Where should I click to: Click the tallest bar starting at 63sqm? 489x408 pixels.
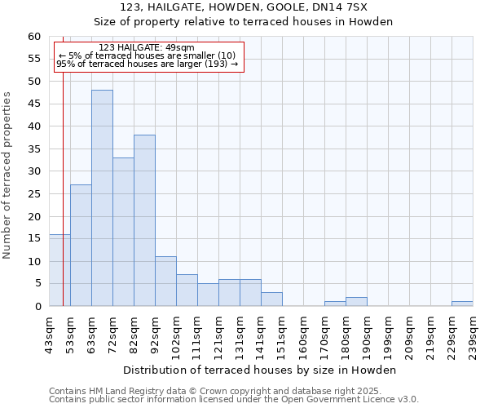coord(102,198)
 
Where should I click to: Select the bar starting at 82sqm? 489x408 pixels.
coord(144,220)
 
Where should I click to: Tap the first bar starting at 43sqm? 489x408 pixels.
coord(59,270)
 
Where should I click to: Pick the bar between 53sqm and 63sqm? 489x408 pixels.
coord(81,246)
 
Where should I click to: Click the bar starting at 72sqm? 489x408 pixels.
coord(123,232)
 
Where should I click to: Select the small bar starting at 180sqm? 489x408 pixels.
coord(356,302)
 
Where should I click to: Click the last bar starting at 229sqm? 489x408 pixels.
coord(462,304)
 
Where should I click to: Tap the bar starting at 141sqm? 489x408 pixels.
coord(271,299)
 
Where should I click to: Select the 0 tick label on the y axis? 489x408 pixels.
coord(37,307)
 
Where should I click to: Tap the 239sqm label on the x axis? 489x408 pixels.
coord(473,335)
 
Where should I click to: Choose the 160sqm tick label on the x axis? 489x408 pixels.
coord(303,335)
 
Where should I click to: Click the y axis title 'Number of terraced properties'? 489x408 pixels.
coord(8,175)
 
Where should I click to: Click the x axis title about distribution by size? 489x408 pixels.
coord(261,370)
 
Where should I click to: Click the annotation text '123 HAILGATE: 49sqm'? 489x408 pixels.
coord(146,48)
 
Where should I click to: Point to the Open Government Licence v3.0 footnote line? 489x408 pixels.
coord(234,399)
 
